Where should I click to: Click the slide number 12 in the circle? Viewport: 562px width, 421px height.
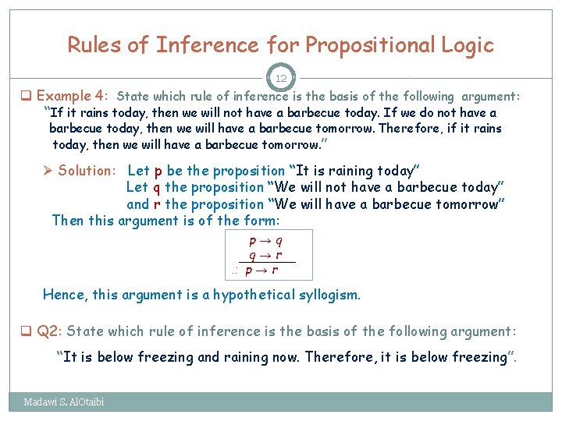click(x=281, y=78)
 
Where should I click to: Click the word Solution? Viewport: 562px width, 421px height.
click(x=87, y=171)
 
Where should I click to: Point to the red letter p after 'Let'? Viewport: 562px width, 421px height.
click(x=159, y=172)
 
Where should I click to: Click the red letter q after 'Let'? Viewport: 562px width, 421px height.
click(x=157, y=188)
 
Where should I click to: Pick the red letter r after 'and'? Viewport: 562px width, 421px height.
click(x=159, y=204)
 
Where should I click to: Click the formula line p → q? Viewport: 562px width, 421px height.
click(x=265, y=242)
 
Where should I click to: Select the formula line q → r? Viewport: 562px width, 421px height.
click(x=265, y=256)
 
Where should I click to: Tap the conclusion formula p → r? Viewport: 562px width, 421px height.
click(x=261, y=271)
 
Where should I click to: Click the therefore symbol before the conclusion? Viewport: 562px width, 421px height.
click(x=235, y=271)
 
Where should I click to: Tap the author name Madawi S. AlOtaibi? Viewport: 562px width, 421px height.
click(x=64, y=402)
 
